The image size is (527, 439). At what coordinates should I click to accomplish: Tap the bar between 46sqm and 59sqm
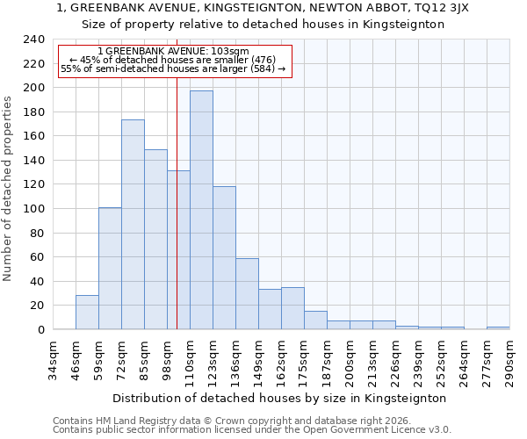pos(87,313)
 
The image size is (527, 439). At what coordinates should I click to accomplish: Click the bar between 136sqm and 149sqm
pos(247,294)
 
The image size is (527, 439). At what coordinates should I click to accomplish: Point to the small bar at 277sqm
pos(498,327)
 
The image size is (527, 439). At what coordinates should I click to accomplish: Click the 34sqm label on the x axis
pos(53,360)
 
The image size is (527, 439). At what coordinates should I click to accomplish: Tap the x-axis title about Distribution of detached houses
pos(279,398)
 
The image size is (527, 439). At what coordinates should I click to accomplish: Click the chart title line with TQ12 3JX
pos(263,8)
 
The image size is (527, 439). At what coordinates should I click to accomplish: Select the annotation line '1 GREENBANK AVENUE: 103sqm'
pos(173,52)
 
